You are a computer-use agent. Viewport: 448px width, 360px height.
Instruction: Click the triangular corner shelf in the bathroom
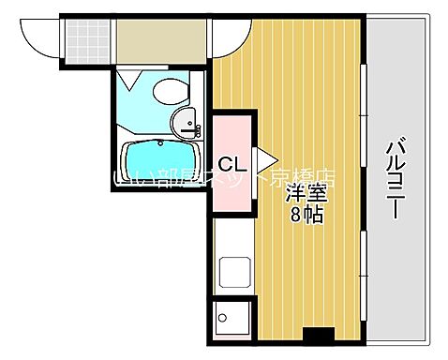click(131, 82)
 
